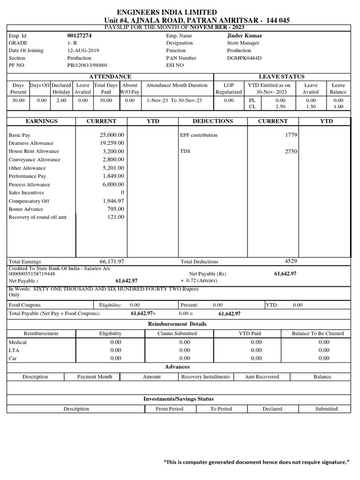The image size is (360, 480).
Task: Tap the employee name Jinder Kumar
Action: (244, 36)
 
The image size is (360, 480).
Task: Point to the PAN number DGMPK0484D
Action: (244, 58)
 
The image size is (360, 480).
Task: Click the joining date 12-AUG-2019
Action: (83, 51)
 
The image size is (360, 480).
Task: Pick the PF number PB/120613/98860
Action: (87, 66)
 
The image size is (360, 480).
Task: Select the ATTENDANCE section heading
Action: (110, 76)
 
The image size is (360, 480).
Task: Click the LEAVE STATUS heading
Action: (282, 76)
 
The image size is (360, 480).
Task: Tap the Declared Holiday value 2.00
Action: (61, 100)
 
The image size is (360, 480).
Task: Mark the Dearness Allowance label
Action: (31, 143)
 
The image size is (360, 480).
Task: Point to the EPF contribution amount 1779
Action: (291, 135)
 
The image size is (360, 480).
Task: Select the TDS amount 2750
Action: (291, 151)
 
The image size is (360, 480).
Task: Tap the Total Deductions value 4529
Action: (291, 261)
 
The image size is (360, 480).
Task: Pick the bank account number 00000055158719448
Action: (32, 274)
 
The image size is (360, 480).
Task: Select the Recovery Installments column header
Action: (205, 377)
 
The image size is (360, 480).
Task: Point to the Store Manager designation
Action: (243, 43)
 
